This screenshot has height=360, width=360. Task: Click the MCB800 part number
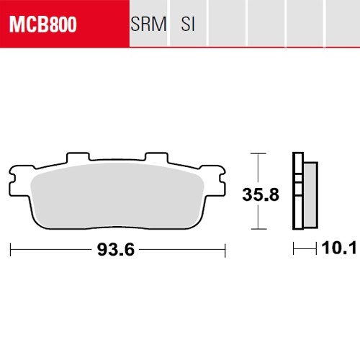coord(43,24)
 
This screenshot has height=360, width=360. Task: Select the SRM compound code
coord(148,24)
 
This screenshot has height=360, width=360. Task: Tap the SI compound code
coord(188,24)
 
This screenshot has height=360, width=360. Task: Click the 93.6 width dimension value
coord(116,250)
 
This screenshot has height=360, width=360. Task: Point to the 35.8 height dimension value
coord(261,194)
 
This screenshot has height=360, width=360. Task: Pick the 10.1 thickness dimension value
coord(338,248)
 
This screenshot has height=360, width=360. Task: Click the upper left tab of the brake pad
coord(78,157)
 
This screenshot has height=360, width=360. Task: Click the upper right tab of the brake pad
coord(156,157)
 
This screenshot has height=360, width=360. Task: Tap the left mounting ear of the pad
coord(19,181)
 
